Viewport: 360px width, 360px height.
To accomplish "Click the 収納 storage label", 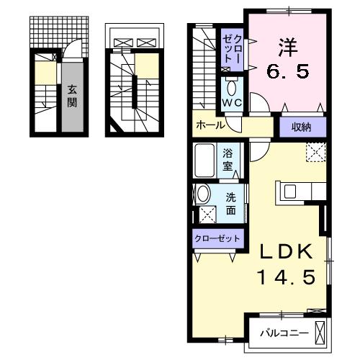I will (301, 127).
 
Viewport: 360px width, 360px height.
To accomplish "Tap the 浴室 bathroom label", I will (228, 158).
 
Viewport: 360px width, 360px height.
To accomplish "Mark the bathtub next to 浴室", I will (205, 158).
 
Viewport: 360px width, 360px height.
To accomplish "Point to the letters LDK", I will (286, 252).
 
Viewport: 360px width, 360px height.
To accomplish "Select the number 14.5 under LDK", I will (286, 277).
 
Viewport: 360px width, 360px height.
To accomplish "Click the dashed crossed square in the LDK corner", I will (315, 153).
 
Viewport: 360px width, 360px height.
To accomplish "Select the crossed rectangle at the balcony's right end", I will (320, 333).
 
